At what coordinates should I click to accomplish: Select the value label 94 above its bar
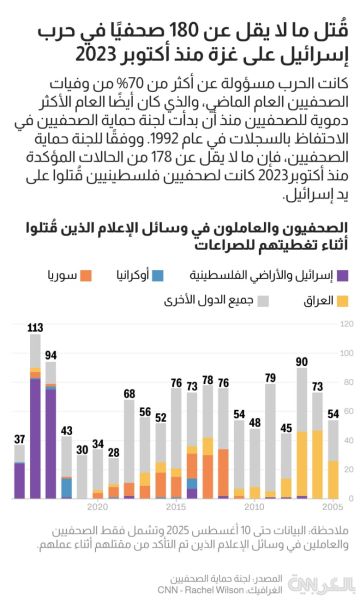(51, 355)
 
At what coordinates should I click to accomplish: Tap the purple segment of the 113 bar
(35, 440)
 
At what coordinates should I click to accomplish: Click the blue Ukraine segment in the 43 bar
(66, 488)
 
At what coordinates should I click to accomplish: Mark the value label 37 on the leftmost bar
(19, 439)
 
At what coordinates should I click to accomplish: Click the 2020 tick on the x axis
(98, 507)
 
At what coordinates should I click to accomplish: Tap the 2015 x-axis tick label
(176, 507)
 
